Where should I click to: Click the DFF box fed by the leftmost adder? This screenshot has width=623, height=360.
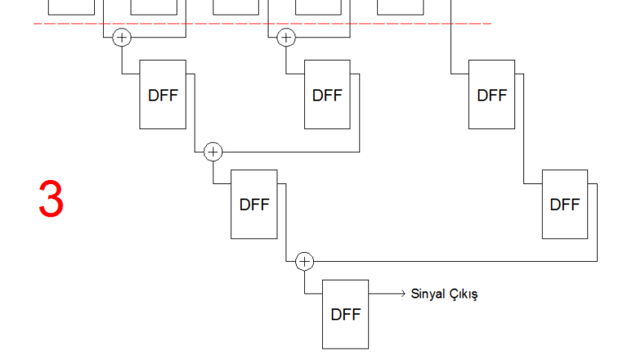coord(163,94)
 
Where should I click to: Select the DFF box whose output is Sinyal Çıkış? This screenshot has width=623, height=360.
coord(346,314)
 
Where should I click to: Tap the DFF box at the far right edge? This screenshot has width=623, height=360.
coord(565,204)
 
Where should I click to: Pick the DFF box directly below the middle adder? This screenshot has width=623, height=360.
coord(254,204)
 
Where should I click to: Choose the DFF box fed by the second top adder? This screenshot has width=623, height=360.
coord(327,94)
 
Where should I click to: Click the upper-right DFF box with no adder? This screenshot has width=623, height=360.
coord(492,94)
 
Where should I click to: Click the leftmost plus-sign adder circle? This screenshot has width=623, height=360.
coord(122,37)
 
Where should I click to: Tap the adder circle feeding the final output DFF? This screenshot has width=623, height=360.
coord(304,261)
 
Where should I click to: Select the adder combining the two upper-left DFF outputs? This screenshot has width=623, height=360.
coord(213,152)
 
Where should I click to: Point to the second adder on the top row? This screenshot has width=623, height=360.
coord(286,37)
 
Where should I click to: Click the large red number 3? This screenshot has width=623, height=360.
coord(50,199)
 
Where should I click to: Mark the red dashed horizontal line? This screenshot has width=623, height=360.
coord(243,24)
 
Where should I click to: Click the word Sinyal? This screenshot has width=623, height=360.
coord(428,294)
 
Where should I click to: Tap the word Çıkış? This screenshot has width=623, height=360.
coord(462,294)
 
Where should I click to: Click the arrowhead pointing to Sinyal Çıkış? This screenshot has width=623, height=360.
coord(402,294)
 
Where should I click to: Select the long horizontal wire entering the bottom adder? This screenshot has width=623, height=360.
coord(454,261)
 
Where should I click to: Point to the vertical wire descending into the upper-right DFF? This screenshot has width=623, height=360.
coord(450,45)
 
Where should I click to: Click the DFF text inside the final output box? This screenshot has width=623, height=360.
coord(346,315)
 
